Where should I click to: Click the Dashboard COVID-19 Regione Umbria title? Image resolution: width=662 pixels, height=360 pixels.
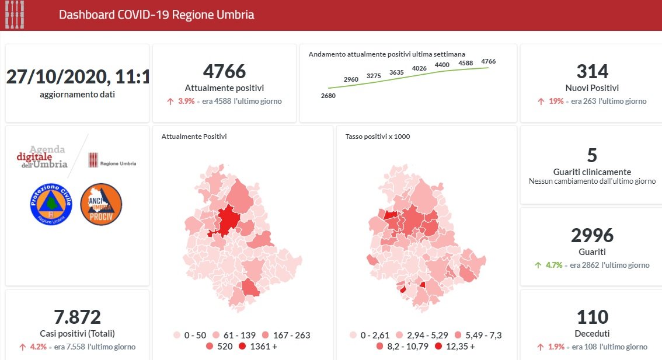(x=156, y=15)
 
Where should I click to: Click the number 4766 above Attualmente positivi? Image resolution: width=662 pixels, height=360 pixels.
(x=225, y=72)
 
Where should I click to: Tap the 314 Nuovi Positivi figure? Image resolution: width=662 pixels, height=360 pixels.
(x=592, y=72)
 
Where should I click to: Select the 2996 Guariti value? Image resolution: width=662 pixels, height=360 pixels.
(x=592, y=235)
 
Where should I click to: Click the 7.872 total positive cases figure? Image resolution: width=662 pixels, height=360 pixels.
(x=77, y=317)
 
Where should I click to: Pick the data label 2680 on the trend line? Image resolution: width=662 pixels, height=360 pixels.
(x=328, y=95)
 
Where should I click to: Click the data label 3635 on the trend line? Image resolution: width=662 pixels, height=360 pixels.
(x=396, y=72)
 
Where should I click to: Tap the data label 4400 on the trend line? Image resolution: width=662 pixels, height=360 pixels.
(x=443, y=65)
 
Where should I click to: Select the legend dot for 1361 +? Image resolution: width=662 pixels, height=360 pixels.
(x=242, y=347)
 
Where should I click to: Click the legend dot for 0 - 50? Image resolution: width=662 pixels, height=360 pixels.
(x=177, y=335)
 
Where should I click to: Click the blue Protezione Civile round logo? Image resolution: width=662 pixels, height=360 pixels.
(x=50, y=204)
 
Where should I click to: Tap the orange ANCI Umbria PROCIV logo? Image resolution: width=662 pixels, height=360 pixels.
(x=100, y=204)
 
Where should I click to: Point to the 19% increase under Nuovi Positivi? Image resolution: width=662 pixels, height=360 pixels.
(x=556, y=101)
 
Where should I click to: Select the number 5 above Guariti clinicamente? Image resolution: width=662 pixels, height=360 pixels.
(x=592, y=155)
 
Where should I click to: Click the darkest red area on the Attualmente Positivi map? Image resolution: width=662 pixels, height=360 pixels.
(x=228, y=221)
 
